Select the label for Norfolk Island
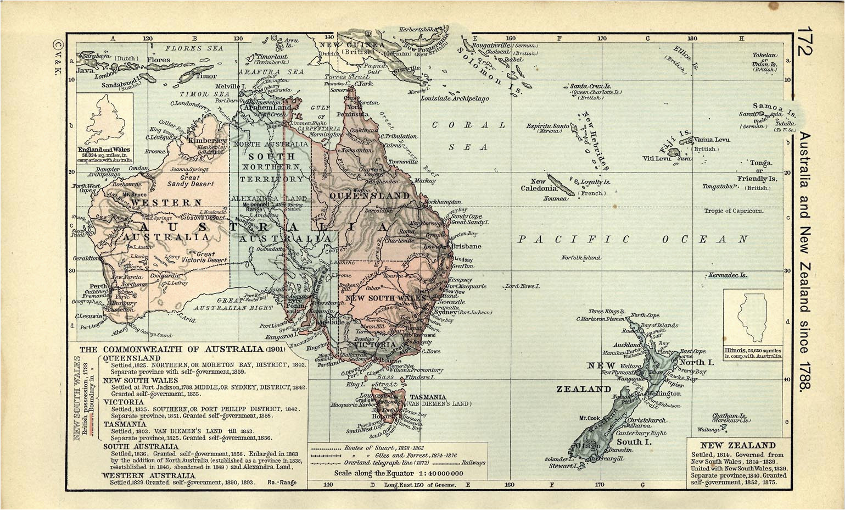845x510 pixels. point(580,258)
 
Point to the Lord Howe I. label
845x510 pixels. point(523,286)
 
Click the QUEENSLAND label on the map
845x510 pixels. point(369,195)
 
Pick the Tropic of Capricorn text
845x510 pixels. point(733,211)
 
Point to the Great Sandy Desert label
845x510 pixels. point(190,181)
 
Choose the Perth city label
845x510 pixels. point(98,286)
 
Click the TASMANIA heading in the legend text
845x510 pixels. point(125,424)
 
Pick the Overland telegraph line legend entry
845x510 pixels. point(384,463)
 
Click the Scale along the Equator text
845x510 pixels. point(399,473)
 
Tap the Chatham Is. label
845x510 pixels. point(730,417)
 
